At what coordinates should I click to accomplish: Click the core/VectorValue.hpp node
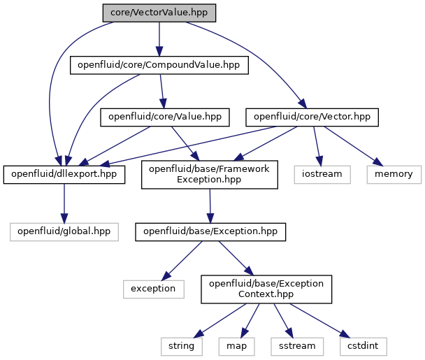click(x=159, y=13)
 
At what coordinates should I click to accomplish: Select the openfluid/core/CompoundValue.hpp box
click(x=159, y=65)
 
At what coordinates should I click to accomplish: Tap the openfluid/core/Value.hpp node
click(x=165, y=117)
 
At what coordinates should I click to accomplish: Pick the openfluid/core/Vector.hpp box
click(x=312, y=117)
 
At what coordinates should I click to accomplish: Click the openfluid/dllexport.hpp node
click(x=64, y=175)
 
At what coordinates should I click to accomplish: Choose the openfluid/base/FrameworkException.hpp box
click(x=210, y=175)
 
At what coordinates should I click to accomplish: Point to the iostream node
click(x=322, y=175)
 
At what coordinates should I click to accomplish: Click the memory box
click(x=394, y=175)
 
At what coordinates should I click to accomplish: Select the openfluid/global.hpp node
click(x=64, y=232)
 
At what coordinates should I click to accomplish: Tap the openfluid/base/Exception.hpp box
click(x=210, y=232)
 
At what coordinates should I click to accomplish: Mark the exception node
click(x=153, y=289)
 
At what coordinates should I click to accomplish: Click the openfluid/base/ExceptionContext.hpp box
click(x=266, y=289)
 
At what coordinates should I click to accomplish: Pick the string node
click(x=181, y=347)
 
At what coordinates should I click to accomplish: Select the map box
click(x=237, y=347)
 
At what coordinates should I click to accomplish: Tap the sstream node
click(x=297, y=347)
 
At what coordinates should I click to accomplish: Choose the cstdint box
click(x=363, y=347)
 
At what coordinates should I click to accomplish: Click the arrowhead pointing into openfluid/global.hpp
click(x=64, y=218)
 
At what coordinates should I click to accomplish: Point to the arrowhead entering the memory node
click(x=378, y=162)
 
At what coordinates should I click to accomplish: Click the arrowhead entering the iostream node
click(x=319, y=161)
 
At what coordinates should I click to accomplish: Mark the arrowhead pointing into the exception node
click(x=166, y=276)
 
